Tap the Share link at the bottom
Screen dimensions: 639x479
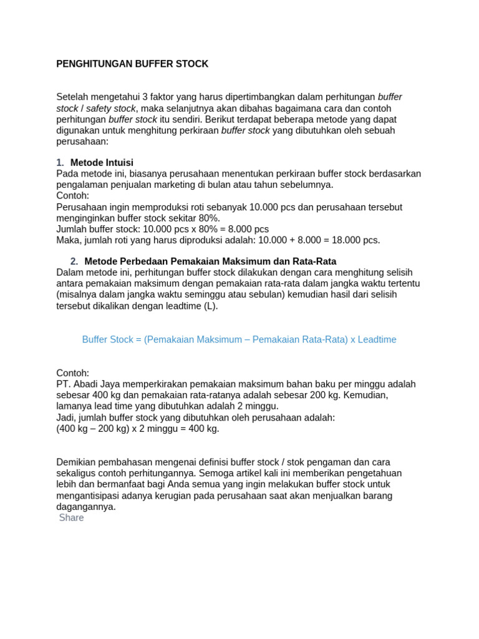[x=71, y=518]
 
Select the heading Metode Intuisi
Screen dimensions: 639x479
[x=102, y=162]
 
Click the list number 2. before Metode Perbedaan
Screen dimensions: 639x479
[x=74, y=261]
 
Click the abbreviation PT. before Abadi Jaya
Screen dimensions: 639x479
[x=64, y=384]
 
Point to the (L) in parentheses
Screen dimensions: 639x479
[x=210, y=306]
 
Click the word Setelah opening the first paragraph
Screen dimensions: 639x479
[x=73, y=97]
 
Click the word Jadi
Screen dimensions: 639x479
[x=65, y=418]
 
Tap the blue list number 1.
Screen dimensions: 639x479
[x=60, y=162]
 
